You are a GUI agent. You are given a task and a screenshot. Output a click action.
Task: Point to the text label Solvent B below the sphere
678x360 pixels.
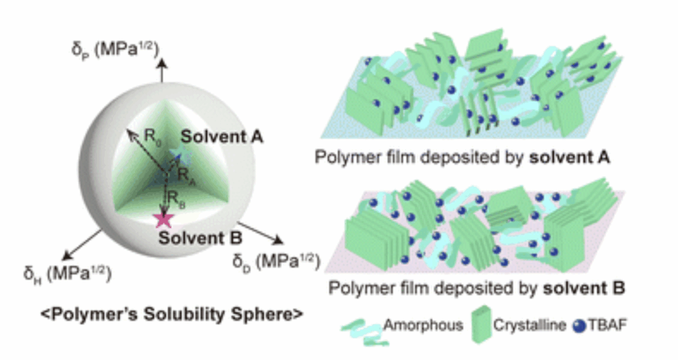pyautogui.click(x=200, y=239)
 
